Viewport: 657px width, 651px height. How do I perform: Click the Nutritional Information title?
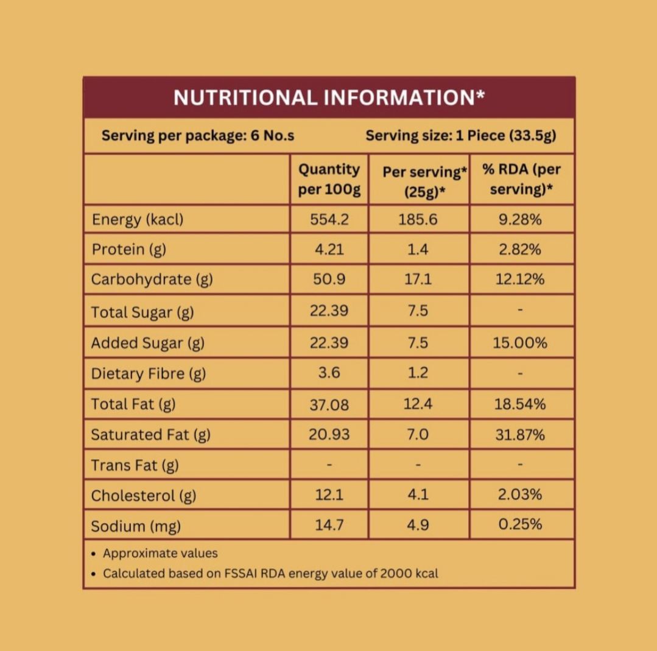click(329, 97)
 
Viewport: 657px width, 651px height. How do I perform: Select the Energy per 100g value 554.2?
click(329, 219)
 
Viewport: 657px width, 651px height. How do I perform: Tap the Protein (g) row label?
click(128, 249)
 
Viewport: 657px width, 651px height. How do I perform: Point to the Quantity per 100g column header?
click(329, 179)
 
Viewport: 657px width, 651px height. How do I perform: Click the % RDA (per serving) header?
click(521, 179)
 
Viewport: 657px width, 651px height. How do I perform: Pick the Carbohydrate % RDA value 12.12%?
click(520, 280)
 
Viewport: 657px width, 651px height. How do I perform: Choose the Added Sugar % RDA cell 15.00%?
click(520, 343)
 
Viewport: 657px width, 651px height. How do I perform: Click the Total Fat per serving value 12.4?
click(418, 404)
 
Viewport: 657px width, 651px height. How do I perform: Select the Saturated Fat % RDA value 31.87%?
click(520, 435)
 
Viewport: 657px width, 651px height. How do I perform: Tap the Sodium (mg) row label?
click(136, 526)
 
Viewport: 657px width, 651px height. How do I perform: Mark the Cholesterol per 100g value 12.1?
click(329, 495)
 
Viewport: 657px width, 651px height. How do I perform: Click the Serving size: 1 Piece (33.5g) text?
click(461, 135)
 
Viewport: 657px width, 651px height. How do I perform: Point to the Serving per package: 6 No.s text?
click(198, 135)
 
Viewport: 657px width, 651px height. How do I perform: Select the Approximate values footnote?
click(160, 554)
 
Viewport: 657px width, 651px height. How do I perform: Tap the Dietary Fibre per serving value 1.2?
click(418, 373)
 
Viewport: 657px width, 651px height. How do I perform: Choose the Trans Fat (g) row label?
click(135, 465)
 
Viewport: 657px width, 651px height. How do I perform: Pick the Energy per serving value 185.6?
click(418, 219)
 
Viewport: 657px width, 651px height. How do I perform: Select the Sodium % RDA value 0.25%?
click(520, 524)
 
